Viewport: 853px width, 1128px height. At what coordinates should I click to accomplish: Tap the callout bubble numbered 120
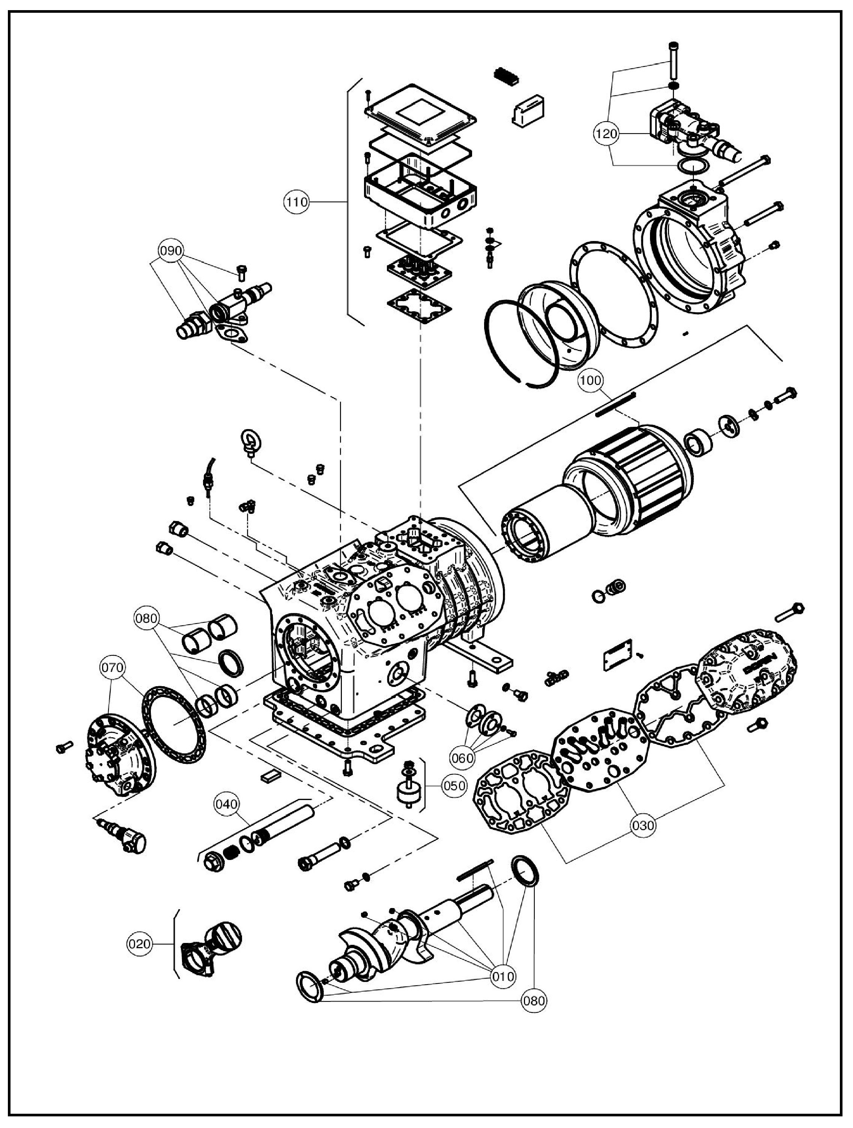[x=606, y=134]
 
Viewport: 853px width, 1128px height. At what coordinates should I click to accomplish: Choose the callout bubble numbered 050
[x=454, y=786]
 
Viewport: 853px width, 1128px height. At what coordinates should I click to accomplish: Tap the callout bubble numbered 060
[x=462, y=758]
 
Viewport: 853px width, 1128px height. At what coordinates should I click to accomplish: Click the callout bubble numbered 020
[x=139, y=944]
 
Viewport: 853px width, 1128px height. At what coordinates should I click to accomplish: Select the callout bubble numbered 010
[x=503, y=977]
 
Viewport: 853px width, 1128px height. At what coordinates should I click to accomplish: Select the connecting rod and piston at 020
[x=211, y=945]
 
